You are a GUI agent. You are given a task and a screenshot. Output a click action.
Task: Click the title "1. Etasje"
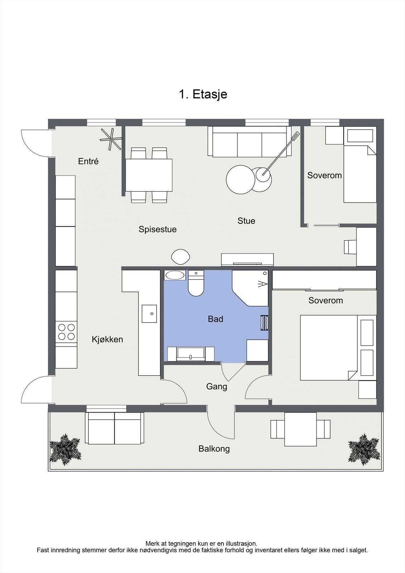click(203, 95)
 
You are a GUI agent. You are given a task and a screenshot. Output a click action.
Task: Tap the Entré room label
click(88, 161)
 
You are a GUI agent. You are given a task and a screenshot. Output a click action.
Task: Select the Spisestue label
click(158, 229)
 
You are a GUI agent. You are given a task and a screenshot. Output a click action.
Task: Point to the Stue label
click(246, 221)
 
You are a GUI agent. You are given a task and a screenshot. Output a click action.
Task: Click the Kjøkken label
click(107, 340)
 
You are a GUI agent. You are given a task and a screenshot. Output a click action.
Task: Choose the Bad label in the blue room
click(216, 319)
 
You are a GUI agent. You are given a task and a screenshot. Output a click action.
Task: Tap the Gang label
click(217, 386)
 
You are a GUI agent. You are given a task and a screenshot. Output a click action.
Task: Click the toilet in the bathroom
click(196, 283)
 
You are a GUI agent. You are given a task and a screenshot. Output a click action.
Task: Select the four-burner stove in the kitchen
click(67, 332)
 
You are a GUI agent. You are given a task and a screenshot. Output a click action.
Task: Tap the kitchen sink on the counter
click(149, 313)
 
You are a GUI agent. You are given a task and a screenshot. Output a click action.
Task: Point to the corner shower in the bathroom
click(250, 288)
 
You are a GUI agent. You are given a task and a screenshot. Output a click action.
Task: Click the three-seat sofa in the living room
click(250, 142)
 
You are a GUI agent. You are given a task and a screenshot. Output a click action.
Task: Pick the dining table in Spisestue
click(149, 175)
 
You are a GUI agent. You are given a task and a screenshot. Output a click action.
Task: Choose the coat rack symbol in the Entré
click(111, 139)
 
